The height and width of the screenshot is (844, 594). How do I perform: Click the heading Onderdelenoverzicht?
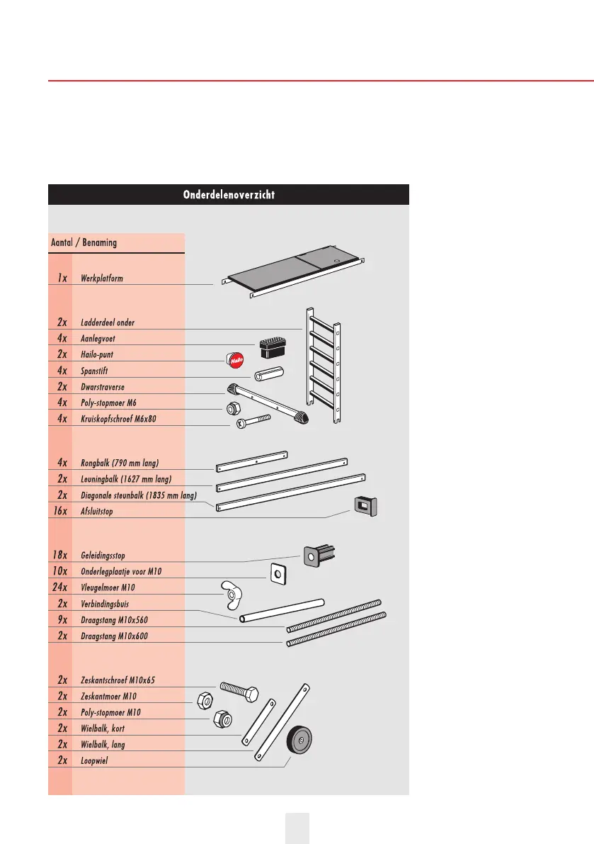pos(228,195)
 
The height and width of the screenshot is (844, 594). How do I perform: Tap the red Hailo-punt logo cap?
pos(236,361)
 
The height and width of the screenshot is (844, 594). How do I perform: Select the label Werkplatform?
pos(102,278)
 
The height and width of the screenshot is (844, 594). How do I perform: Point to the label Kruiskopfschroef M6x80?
pos(118,420)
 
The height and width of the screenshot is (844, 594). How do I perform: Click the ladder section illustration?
pos(323,365)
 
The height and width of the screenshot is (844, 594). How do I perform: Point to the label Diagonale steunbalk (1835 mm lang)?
pos(139,495)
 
